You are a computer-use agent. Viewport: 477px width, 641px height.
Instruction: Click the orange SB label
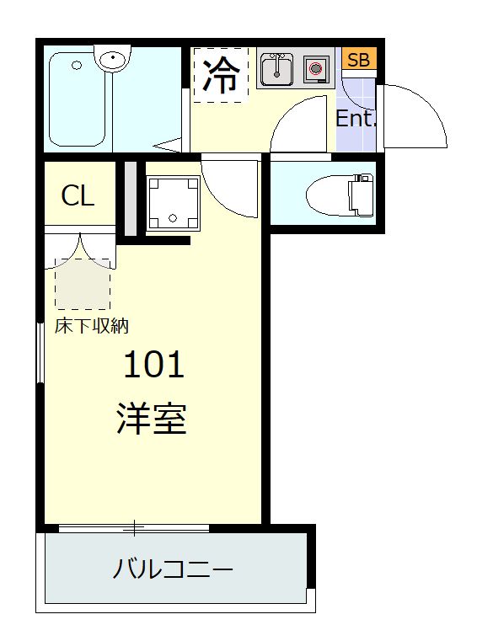coord(359,60)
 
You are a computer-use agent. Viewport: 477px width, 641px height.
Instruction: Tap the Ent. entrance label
coord(355,119)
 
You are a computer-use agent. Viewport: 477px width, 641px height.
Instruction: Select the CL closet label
coord(78,196)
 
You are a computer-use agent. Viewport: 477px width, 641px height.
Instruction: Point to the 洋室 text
coord(152,419)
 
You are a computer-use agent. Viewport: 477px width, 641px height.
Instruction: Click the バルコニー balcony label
coord(173,570)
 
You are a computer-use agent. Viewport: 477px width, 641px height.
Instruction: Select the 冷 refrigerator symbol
coord(220,77)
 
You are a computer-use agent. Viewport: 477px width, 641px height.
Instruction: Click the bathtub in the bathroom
coord(77,99)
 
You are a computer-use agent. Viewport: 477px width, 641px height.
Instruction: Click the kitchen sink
coord(276,69)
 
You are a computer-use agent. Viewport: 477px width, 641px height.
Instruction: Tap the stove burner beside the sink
coord(315,69)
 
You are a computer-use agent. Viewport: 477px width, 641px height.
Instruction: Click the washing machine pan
coord(172,203)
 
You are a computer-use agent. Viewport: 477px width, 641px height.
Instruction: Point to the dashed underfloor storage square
coord(83,284)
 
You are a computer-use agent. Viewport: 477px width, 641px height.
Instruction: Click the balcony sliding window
coord(134,528)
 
